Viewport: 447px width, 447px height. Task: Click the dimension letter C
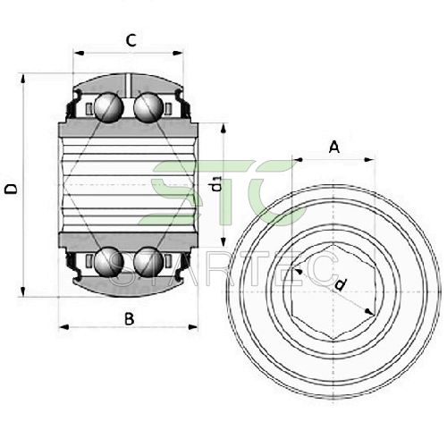point(131,40)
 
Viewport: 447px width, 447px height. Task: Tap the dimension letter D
point(11,190)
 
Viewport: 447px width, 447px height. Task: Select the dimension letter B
point(129,319)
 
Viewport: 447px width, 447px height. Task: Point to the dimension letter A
point(334,147)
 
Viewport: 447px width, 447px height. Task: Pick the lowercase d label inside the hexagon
point(340,284)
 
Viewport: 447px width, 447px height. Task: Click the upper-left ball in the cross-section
point(109,107)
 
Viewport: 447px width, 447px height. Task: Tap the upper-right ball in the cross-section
point(148,107)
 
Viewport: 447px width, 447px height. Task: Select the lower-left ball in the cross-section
point(109,262)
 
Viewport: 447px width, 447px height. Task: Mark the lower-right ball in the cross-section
point(148,262)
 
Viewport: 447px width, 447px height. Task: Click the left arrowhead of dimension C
point(79,54)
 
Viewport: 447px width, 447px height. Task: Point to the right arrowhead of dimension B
point(193,327)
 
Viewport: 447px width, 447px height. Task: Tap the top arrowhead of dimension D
point(22,80)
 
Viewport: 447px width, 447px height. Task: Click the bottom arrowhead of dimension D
point(22,291)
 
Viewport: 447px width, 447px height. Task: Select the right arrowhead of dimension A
point(369,160)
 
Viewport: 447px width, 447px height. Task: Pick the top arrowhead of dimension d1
point(223,129)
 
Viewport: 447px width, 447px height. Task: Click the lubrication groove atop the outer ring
point(128,85)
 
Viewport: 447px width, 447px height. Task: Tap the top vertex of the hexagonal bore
point(333,245)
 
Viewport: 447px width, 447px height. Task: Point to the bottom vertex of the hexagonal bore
point(333,339)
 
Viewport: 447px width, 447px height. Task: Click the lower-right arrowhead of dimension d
point(369,311)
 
